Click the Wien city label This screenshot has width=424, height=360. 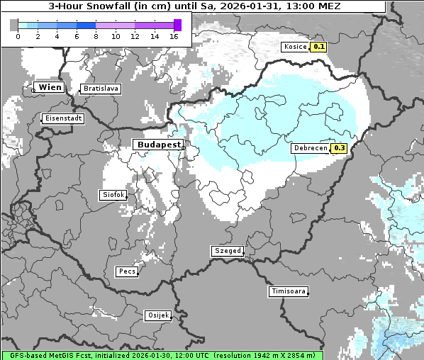[50, 87]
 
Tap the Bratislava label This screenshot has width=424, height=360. [100, 89]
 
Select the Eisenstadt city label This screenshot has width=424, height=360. [63, 118]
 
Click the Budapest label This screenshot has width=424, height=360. [158, 144]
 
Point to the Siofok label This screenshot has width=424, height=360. [113, 194]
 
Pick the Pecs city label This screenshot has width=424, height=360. [127, 271]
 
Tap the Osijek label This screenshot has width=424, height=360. [157, 315]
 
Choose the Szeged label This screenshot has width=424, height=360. [228, 251]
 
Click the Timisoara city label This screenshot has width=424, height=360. [289, 291]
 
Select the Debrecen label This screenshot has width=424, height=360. [310, 148]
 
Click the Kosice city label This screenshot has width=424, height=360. [294, 47]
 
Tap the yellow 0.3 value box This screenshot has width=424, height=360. [339, 148]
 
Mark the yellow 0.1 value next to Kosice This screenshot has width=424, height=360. [319, 47]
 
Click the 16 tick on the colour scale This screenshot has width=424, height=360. [174, 36]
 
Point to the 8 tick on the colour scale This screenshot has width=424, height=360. [96, 36]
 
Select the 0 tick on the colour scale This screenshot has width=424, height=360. [18, 36]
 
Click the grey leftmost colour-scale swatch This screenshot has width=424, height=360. [14, 26]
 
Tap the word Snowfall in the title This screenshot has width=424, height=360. [113, 6]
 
